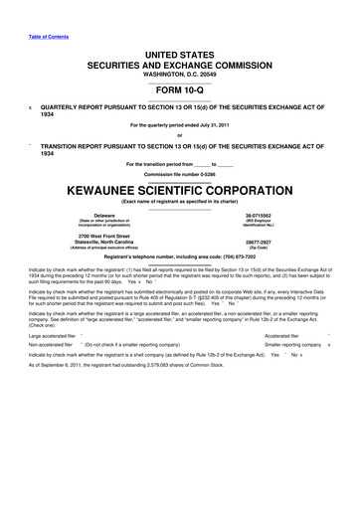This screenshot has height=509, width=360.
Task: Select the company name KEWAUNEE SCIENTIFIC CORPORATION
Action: pos(179,187)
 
